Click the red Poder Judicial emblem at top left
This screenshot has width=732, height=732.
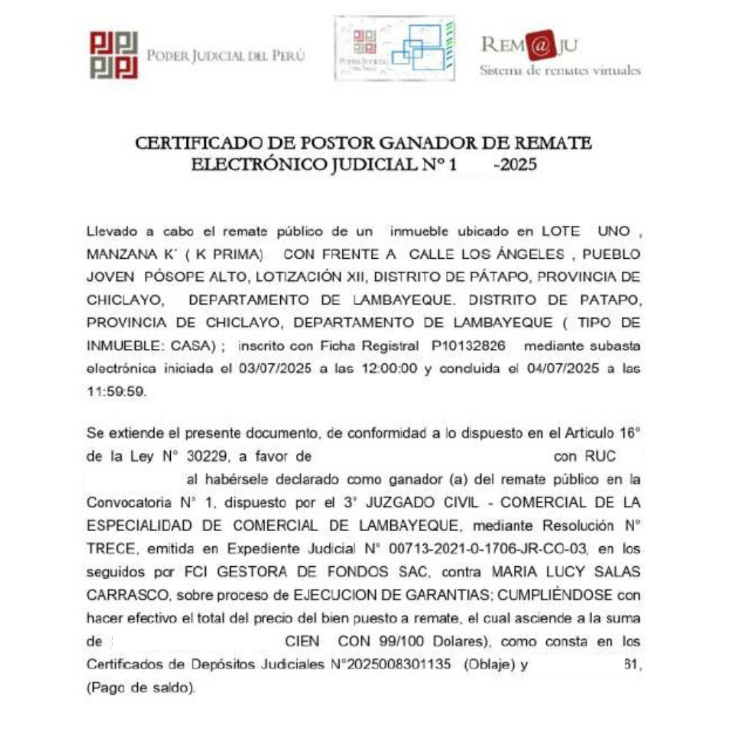pos(113,54)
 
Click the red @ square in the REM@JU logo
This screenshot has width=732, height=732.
pos(541,47)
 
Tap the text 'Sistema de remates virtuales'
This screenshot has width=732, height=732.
pos(560,70)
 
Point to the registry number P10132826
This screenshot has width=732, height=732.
pos(472,346)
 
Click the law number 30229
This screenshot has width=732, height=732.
pos(196,456)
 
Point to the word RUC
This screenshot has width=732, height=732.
pos(600,456)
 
